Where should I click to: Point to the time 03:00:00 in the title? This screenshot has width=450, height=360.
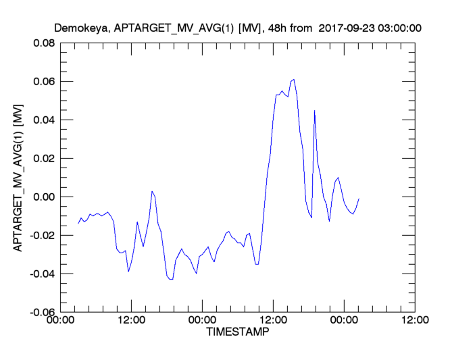click(400, 28)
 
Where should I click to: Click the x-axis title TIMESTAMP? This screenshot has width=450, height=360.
click(236, 333)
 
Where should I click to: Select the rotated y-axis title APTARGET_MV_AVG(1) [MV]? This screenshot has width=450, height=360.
click(18, 177)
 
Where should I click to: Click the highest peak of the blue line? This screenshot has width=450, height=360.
click(293, 80)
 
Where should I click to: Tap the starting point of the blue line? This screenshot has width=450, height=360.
click(78, 224)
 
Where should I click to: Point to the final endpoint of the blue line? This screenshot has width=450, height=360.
click(359, 199)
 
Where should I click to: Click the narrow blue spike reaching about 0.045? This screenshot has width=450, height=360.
click(314, 111)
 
